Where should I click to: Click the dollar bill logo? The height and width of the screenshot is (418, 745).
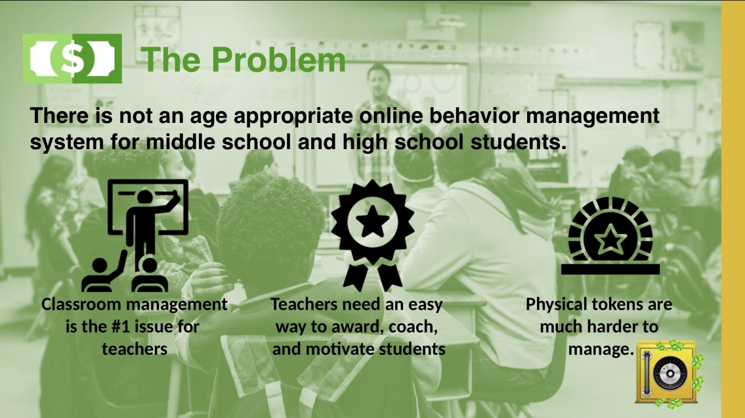coord(72,58)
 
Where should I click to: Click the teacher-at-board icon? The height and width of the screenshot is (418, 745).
coord(135,235)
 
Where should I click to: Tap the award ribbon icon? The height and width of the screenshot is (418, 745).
coord(373,235)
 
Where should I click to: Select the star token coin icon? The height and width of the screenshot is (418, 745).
coord(610,235)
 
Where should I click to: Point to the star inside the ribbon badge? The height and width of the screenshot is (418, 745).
coord(373,221)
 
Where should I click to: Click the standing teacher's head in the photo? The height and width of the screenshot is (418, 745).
coord(379,77)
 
